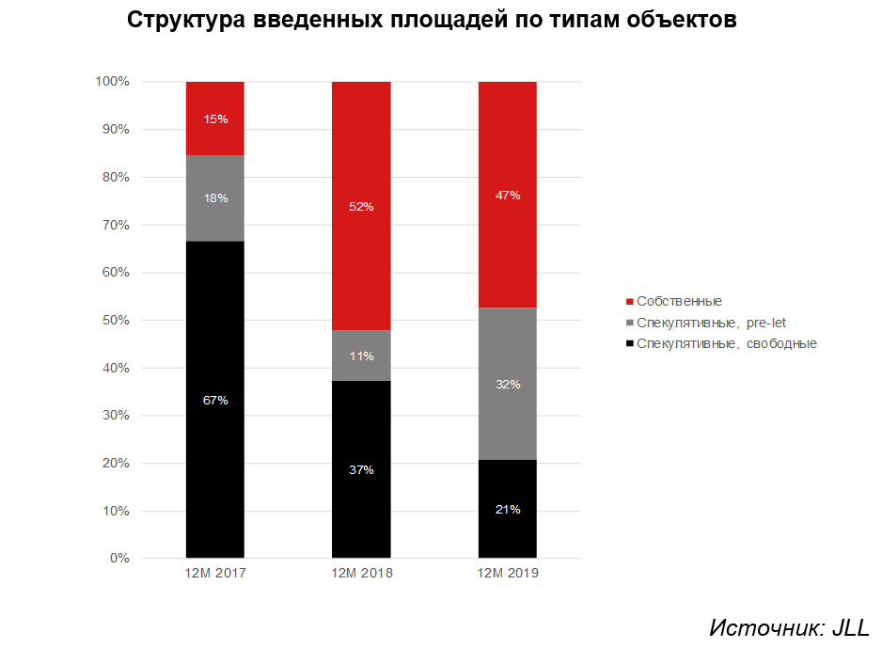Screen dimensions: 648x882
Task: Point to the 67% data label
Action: point(215,400)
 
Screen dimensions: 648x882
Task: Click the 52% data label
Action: point(361,206)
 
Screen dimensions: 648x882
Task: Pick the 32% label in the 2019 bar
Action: point(508,384)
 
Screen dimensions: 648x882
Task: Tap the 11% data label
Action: point(361,356)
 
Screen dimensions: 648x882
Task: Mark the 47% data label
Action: point(508,195)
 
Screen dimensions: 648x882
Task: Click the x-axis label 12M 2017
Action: point(215,573)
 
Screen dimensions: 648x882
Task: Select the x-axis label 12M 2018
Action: point(361,573)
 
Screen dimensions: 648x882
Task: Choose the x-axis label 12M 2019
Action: point(508,573)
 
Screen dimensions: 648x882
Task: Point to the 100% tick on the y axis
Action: point(112,82)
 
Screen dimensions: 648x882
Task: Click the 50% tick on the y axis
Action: point(115,320)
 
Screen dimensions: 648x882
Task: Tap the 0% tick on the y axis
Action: point(119,559)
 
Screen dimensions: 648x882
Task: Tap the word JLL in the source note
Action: point(849,627)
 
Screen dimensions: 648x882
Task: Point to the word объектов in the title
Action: point(680,21)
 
